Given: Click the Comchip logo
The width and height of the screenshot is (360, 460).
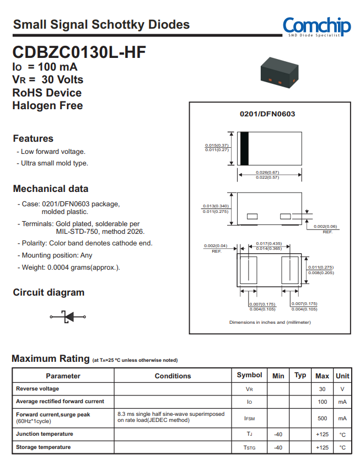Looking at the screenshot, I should click(x=316, y=26).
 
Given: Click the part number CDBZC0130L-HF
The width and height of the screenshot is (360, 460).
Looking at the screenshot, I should click(x=79, y=53).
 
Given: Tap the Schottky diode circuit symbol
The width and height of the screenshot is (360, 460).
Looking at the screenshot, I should click(x=69, y=316).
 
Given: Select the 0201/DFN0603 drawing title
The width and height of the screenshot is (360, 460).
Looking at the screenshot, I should click(x=267, y=114).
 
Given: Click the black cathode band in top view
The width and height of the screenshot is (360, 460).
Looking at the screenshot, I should click(x=244, y=149).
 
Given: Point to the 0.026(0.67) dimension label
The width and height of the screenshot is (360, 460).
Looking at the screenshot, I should click(x=267, y=172).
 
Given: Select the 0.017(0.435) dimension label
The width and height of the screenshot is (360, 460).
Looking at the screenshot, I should click(x=270, y=243).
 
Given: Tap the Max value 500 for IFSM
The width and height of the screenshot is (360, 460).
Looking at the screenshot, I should click(x=322, y=418).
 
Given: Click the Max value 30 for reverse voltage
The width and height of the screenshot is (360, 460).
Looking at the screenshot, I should click(x=322, y=389).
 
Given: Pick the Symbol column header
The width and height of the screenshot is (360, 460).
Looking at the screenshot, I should click(x=249, y=375).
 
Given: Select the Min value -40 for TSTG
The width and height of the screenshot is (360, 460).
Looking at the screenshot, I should click(x=278, y=447).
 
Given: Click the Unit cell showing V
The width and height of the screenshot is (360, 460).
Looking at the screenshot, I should click(x=342, y=389).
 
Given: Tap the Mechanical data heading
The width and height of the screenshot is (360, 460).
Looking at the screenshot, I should click(x=51, y=189).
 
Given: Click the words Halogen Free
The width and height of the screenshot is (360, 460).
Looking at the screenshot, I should click(x=48, y=105).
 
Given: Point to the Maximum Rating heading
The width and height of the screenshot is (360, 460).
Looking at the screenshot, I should click(x=51, y=359).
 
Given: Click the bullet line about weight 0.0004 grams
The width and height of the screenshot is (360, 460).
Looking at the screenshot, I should click(x=71, y=268).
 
